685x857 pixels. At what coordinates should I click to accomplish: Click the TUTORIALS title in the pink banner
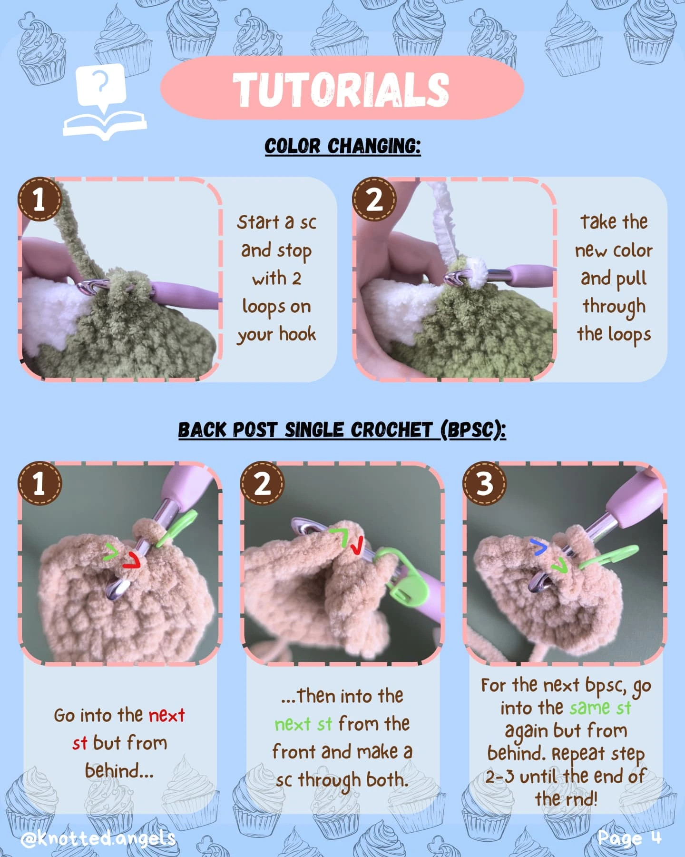(341, 89)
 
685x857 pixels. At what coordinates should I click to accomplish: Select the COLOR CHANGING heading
(342, 146)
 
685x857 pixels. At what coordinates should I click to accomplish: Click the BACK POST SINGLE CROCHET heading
(342, 430)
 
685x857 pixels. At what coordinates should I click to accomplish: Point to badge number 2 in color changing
(374, 199)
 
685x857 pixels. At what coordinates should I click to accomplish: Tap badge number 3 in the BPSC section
(485, 483)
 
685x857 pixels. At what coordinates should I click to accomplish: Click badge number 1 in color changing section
(39, 199)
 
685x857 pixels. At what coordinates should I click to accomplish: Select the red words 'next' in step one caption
(166, 715)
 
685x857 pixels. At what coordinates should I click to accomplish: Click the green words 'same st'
(600, 708)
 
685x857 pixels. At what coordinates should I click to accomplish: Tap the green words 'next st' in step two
(303, 724)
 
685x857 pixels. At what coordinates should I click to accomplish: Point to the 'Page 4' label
(629, 837)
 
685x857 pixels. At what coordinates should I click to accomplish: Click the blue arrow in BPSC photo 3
(539, 547)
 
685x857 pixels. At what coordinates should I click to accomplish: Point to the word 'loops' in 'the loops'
(629, 335)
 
